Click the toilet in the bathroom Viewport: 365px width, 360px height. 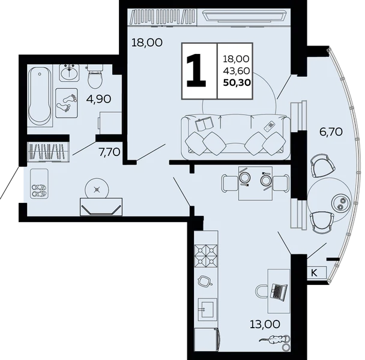(95, 76)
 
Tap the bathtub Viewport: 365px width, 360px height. (40, 95)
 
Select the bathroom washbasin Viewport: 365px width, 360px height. (69, 73)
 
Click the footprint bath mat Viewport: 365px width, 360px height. (67, 103)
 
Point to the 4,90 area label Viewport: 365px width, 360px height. (98, 100)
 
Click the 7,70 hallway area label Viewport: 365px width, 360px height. (109, 152)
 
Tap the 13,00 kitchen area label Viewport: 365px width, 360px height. (265, 324)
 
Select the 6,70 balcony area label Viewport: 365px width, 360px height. (331, 132)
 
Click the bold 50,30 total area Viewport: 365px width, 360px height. (237, 82)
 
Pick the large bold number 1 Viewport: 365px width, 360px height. (196, 70)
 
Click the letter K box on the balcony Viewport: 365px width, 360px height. (316, 272)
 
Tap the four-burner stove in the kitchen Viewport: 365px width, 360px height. (206, 256)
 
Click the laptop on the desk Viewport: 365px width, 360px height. (279, 291)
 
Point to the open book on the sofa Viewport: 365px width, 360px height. (204, 124)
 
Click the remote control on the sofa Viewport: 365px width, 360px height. (270, 126)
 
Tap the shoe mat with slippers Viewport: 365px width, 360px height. (40, 184)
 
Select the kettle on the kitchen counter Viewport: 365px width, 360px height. (205, 281)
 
